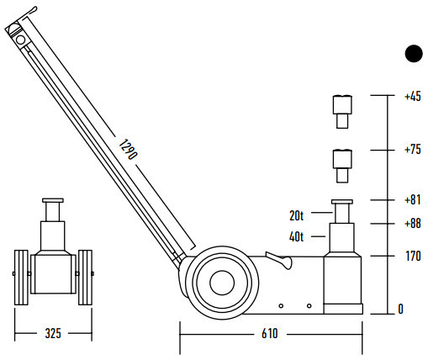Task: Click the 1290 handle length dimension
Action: coord(128,150)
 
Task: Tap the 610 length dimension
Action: coord(270,334)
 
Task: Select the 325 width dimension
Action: coord(53,333)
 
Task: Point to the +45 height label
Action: coord(413,97)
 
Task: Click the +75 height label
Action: coord(413,150)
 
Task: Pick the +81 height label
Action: coord(413,200)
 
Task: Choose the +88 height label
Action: coord(413,224)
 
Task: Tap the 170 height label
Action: coord(414,256)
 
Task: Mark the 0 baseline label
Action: coord(401,309)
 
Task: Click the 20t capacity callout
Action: coord(296,215)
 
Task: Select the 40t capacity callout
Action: coord(296,237)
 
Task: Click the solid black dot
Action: coord(414,53)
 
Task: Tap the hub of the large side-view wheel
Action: coord(222,283)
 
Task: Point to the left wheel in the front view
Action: coord(21,278)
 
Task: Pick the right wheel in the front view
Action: coord(85,278)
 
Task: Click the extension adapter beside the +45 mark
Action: coord(342,112)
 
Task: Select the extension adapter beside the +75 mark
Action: coord(342,167)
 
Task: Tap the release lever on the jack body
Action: coord(279,260)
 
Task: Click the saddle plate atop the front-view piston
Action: coord(53,200)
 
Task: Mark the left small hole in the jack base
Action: coord(281,306)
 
